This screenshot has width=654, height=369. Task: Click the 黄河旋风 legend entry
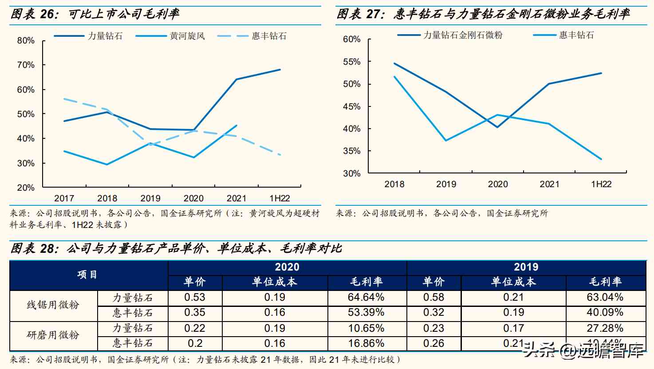coord(187,36)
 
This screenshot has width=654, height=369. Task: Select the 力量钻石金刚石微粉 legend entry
coord(462,35)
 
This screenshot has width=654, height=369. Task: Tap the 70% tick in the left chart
coord(26,65)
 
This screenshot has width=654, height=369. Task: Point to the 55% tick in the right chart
coord(352,62)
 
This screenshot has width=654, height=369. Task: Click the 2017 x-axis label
coord(64,198)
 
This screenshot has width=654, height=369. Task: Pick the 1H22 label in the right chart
coord(601,184)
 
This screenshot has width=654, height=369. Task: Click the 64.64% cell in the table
coord(366,297)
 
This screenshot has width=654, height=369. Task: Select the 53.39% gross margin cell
coord(366,313)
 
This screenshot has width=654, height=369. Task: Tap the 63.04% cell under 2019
coord(605,297)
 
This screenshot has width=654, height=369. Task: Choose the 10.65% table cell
coord(366,328)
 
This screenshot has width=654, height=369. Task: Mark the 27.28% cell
coord(605,328)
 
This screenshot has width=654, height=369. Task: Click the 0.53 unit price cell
coord(195,297)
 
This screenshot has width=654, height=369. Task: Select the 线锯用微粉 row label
coord(53,305)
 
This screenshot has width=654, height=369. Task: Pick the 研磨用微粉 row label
coord(53,335)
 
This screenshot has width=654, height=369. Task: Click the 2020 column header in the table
coord(287,267)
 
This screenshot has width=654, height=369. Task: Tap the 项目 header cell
coord(87,275)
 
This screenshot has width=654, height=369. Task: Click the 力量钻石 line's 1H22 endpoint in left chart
coord(280,70)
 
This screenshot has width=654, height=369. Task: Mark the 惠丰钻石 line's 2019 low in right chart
coord(446,141)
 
